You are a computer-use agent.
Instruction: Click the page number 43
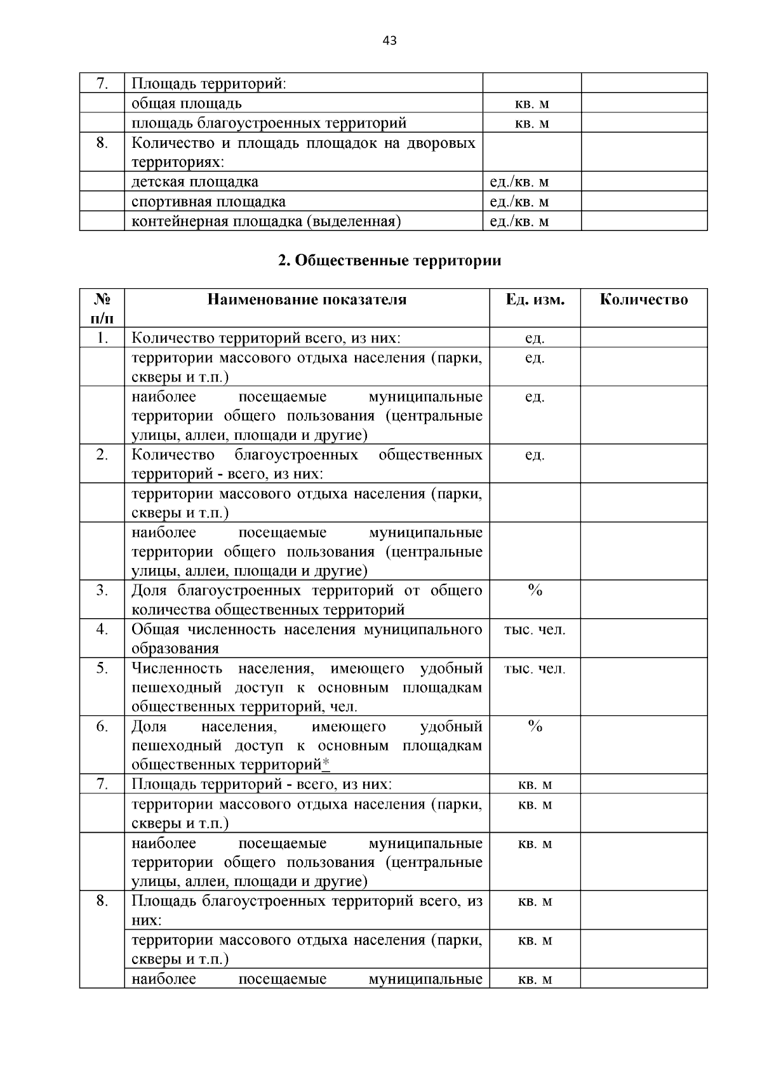click(x=390, y=41)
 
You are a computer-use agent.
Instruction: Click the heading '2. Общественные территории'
click(x=389, y=261)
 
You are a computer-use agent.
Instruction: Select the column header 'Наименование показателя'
click(x=307, y=300)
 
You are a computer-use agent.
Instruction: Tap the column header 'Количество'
click(x=643, y=300)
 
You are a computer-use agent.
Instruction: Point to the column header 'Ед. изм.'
click(x=535, y=300)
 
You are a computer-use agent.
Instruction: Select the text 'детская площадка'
click(x=195, y=182)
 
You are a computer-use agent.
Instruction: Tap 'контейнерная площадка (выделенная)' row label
click(x=266, y=221)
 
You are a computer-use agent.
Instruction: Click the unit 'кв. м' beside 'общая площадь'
click(x=531, y=103)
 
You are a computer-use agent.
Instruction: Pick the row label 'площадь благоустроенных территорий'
click(x=269, y=123)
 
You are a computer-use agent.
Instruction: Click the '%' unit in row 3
click(x=535, y=591)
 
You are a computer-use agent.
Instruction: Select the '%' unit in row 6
click(x=535, y=727)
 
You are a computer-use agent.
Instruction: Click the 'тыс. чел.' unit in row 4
click(x=535, y=630)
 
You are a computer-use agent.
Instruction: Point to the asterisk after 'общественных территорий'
click(x=326, y=764)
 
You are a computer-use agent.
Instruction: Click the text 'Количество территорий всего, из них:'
click(x=265, y=338)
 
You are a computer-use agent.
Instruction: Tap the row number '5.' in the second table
click(x=102, y=668)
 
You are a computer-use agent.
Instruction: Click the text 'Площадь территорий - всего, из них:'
click(x=261, y=784)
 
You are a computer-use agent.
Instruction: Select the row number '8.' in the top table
click(x=102, y=143)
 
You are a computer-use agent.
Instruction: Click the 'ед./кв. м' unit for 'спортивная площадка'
click(x=519, y=202)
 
